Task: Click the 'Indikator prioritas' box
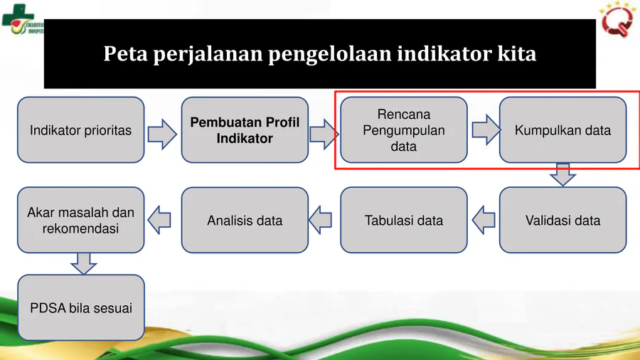click(80, 130)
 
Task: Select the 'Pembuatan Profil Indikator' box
click(245, 130)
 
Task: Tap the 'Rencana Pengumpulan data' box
click(403, 130)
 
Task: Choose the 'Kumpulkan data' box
click(562, 130)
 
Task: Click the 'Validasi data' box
click(562, 220)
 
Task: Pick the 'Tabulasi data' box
click(403, 220)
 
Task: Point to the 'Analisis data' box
click(245, 220)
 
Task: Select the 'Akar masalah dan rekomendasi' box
click(80, 220)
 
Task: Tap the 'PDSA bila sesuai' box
click(80, 307)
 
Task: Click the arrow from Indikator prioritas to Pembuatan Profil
click(162, 134)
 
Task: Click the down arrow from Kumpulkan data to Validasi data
click(562, 175)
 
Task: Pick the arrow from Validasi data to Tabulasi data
click(484, 220)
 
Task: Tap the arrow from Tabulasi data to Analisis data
click(320, 220)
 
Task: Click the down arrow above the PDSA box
click(84, 263)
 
